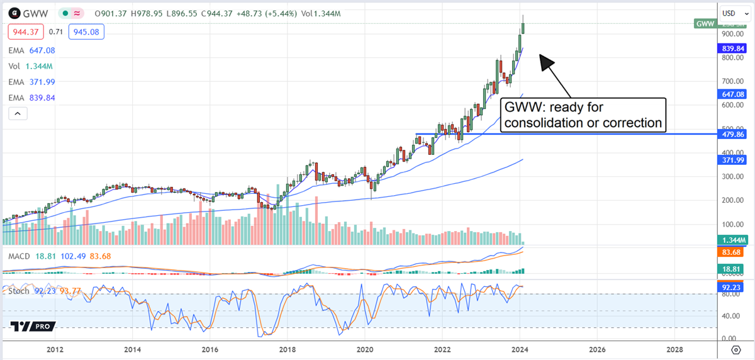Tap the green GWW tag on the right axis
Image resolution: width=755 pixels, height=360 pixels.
pos(704,23)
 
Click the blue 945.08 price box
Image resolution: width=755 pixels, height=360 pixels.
pos(87,31)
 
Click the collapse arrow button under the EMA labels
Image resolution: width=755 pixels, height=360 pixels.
pos(17,113)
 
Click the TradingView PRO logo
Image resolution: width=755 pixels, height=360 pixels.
pos(33,326)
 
